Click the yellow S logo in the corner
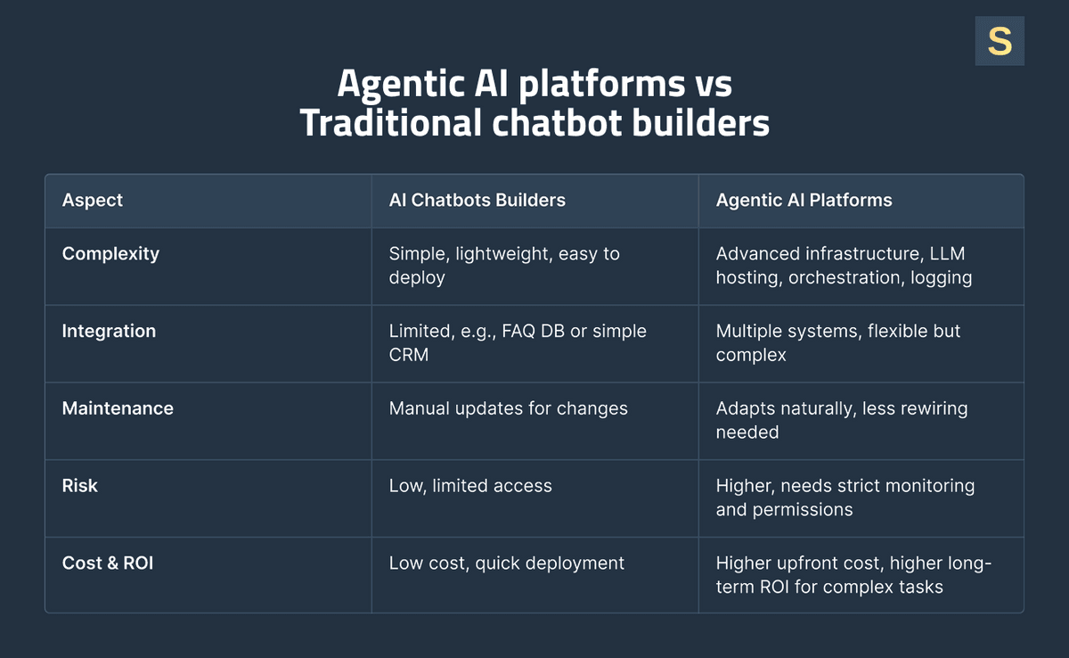point(1000,41)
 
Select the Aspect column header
point(93,201)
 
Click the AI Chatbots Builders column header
point(477,201)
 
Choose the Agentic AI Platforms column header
point(804,201)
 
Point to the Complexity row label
point(110,254)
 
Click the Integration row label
point(109,332)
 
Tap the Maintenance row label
point(118,408)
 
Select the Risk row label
point(80,486)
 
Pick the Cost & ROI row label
point(108,563)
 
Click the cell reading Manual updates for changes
point(508,408)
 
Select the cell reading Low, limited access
point(470,486)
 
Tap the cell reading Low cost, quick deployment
point(506,563)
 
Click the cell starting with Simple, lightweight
point(504,266)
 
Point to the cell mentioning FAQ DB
point(517,342)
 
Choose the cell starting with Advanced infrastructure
point(843,266)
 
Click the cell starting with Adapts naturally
point(841,420)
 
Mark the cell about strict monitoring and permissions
point(845,498)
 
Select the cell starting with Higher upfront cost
point(853,575)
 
